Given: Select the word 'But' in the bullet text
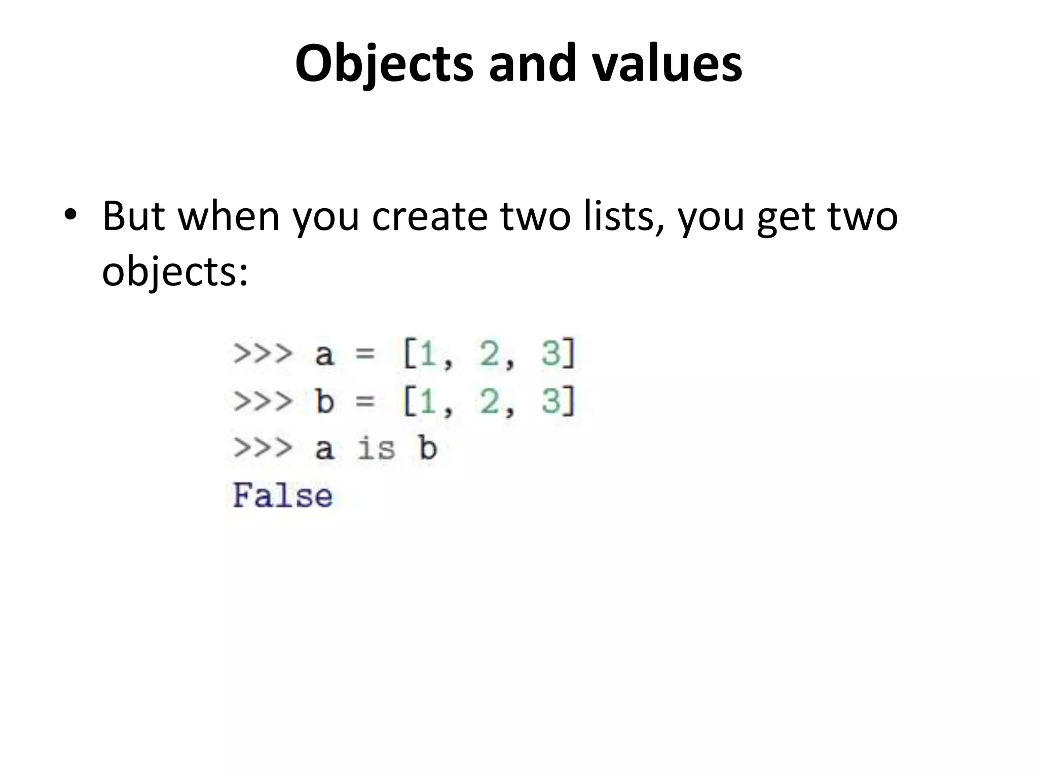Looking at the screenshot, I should (134, 217).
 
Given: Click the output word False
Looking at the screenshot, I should (283, 495).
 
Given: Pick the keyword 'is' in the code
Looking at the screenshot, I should (376, 449).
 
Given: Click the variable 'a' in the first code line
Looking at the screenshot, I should (325, 354).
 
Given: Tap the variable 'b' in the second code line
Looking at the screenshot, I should (325, 401).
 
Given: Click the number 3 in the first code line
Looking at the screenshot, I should (551, 353).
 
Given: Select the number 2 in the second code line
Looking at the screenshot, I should (490, 401).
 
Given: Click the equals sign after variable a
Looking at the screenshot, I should (365, 354).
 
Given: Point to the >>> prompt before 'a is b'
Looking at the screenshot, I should (263, 449).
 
